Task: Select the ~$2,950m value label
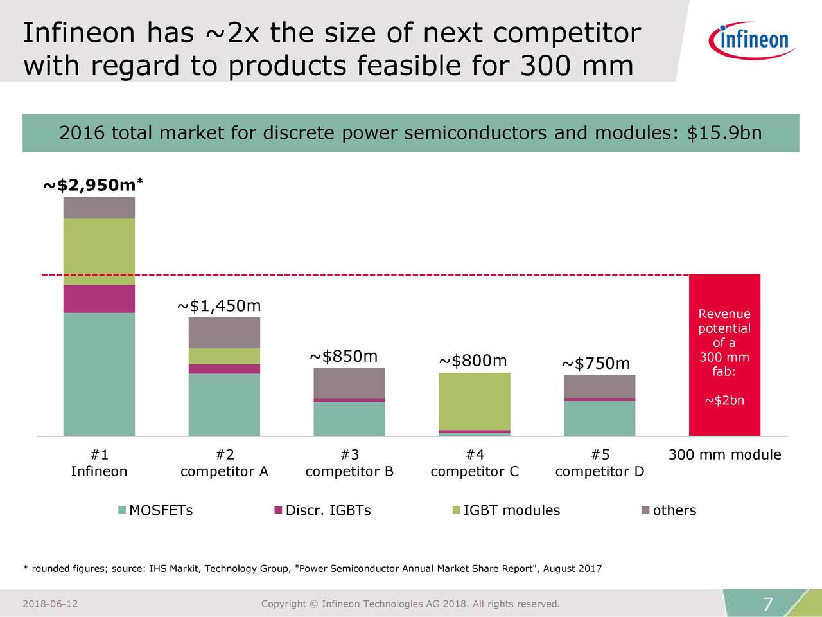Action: pos(92,186)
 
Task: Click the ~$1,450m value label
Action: pos(218,306)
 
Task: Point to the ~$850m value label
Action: pos(344,357)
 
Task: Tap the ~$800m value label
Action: pos(473,361)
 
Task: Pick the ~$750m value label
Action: pos(596,364)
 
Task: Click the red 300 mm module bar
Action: pos(724,355)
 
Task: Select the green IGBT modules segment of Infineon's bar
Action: pos(99,251)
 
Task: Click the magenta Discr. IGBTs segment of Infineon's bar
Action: pos(99,299)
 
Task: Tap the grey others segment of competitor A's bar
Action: pos(224,333)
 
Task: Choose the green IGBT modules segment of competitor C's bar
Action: pos(474,401)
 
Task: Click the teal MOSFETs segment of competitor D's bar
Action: pos(599,418)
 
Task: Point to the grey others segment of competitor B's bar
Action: pos(349,383)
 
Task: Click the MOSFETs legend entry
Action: pos(155,510)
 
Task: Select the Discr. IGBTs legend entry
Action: pos(322,510)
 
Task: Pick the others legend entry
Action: pos(669,510)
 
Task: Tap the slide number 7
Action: pos(767,605)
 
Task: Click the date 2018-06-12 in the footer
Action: pos(50,604)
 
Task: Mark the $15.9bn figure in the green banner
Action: pos(724,133)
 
